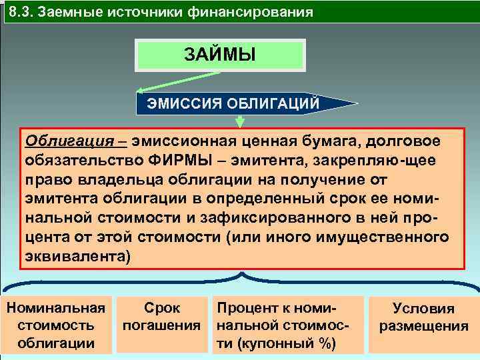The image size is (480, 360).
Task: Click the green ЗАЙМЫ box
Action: [220, 54]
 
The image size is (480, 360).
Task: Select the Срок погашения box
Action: [162, 317]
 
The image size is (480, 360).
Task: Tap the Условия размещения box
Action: [423, 317]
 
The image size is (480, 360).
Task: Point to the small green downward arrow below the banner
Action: [240, 122]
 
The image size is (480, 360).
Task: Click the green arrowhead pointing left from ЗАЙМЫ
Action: [142, 91]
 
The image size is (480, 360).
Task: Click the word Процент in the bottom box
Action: [241, 307]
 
